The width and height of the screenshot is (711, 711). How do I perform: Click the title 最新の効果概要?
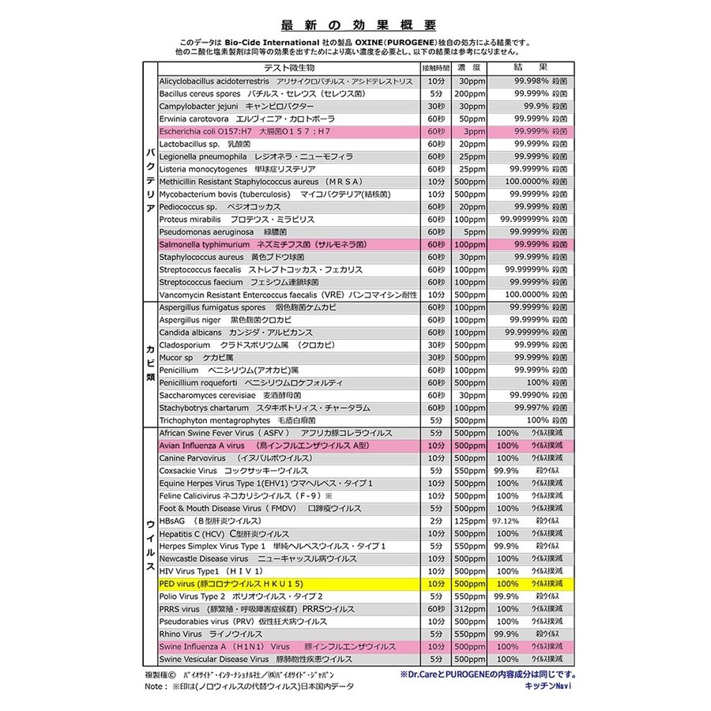358,25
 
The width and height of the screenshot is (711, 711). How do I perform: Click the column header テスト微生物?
288,68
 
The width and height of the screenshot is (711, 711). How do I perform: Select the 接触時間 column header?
435,68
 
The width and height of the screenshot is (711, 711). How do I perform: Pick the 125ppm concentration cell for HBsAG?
471,521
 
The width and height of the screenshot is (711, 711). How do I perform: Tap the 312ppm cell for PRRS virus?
471,608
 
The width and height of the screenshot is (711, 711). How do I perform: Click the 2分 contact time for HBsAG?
435,521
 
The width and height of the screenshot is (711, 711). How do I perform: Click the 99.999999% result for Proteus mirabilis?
525,220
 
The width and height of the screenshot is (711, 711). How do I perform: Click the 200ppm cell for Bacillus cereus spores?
470,93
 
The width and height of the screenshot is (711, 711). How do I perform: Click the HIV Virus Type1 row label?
211,570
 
